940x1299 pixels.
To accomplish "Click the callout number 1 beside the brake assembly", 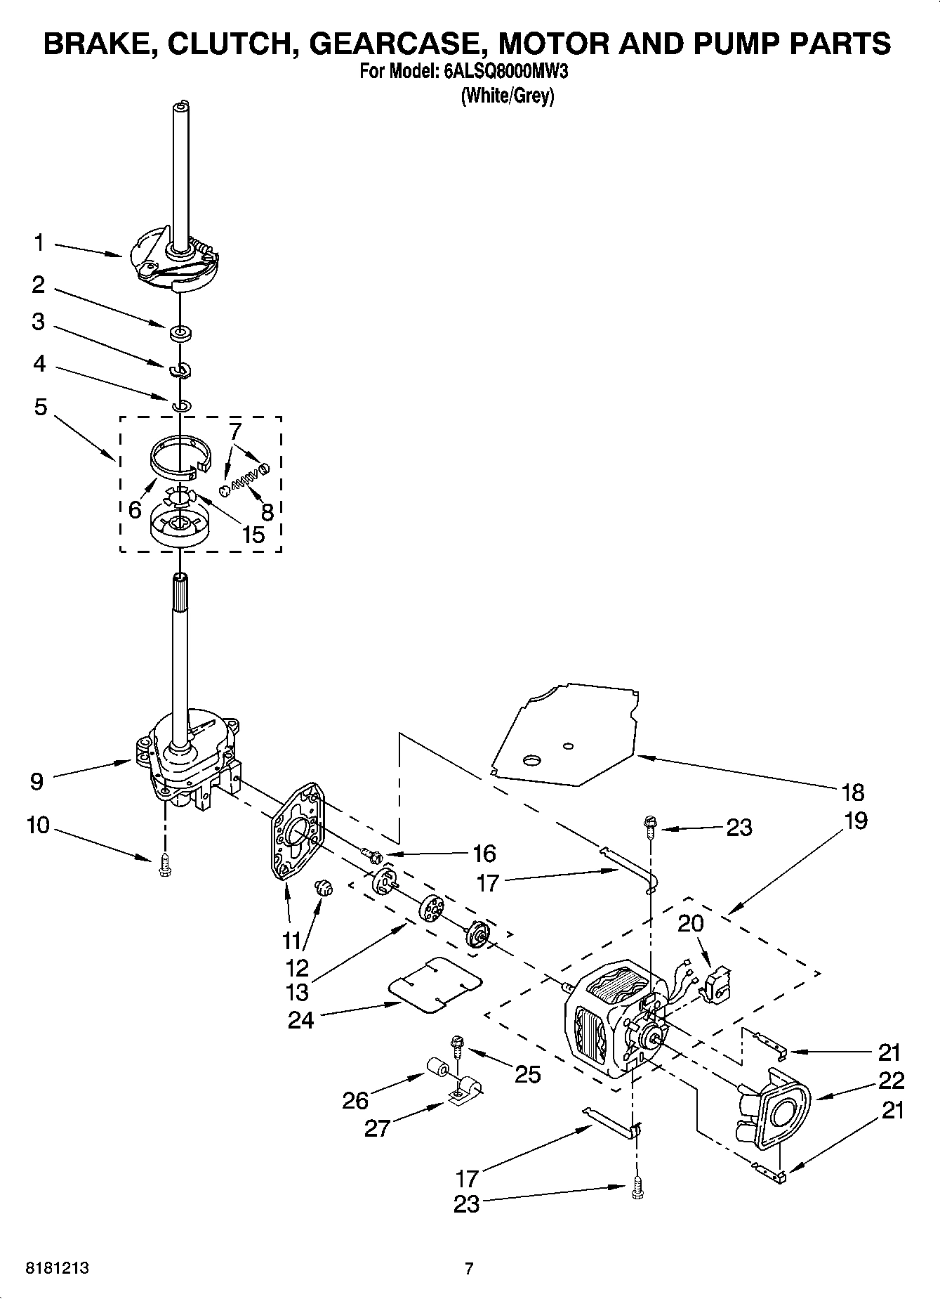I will tap(39, 243).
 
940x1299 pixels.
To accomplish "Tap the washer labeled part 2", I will tap(180, 332).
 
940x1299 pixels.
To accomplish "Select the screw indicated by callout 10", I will tap(165, 865).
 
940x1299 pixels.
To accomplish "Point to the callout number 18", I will tap(852, 792).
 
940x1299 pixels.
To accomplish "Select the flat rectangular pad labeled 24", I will tap(435, 983).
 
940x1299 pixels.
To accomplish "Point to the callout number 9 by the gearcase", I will tap(37, 781).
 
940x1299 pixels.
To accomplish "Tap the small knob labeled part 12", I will tap(324, 888).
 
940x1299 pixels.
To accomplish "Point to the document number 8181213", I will tap(57, 1268).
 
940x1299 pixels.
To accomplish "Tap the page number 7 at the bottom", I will tap(469, 1268).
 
